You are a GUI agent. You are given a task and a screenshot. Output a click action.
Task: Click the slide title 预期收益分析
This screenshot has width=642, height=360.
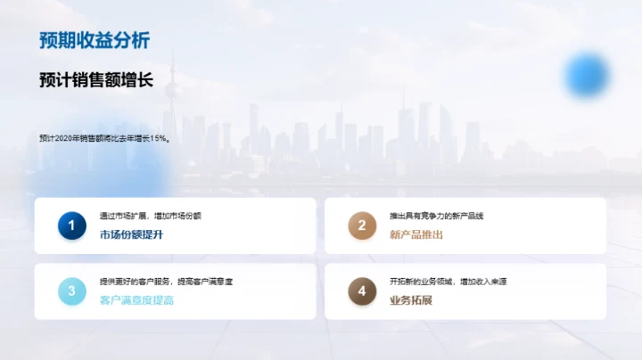pos(95,41)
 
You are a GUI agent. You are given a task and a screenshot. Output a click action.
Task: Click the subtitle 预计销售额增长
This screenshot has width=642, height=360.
pos(96,80)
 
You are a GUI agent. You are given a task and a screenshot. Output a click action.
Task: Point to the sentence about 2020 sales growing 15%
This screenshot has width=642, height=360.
pos(104,138)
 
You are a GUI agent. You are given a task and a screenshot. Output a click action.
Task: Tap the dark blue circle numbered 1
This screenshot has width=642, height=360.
pos(71,226)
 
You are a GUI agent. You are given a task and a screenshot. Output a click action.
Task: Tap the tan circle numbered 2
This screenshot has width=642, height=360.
pos(362,226)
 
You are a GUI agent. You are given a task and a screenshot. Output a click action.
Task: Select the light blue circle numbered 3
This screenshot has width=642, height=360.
pos(71,291)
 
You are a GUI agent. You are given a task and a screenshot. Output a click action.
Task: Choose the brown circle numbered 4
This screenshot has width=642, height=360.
pos(362,291)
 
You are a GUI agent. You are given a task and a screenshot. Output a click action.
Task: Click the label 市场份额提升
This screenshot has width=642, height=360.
pos(131,235)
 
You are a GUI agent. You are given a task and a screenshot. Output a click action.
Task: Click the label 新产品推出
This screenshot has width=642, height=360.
pos(416,235)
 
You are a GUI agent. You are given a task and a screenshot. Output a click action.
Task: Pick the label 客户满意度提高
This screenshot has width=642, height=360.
pos(136,300)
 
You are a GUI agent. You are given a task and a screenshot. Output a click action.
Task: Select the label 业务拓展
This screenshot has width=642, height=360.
pos(410,300)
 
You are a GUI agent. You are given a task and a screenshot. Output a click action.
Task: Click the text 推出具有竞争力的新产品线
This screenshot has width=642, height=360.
pos(436,217)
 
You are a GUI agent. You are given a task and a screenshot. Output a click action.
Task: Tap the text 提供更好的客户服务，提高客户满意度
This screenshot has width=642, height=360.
pos(166,282)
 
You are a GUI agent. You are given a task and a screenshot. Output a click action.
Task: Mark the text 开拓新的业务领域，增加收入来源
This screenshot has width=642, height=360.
pos(448,282)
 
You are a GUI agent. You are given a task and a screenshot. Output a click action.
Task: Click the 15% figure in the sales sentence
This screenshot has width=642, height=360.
pos(159,138)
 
